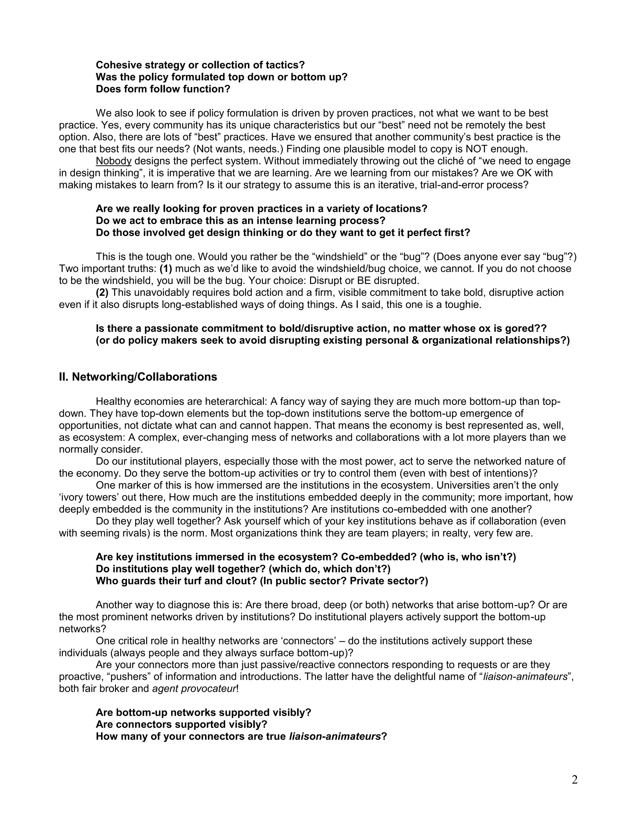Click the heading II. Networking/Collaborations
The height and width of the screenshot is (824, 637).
point(138,377)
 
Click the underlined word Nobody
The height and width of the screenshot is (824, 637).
point(114,161)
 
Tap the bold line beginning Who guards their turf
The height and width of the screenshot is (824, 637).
point(262,581)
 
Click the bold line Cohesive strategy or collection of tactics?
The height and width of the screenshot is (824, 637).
point(200,65)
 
